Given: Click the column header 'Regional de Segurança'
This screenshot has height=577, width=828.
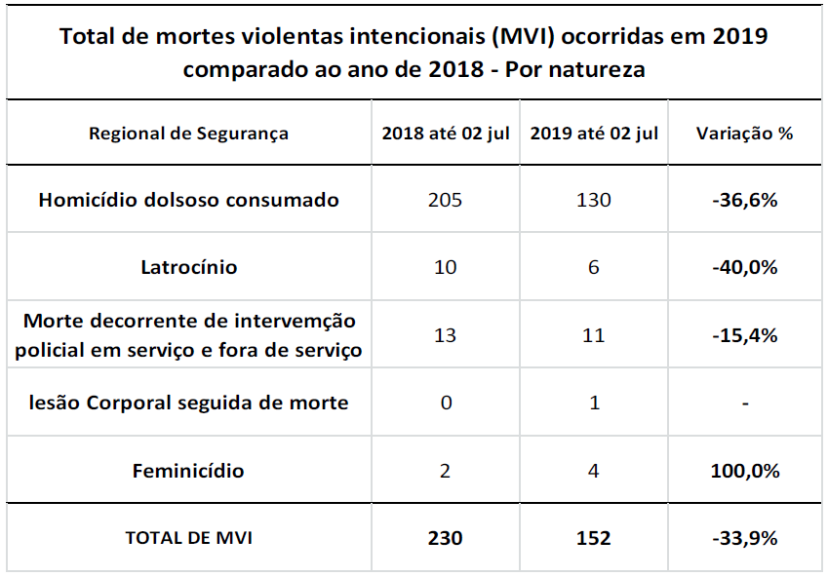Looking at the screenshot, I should point(188,134).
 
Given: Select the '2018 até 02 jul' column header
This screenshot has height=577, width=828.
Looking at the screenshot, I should point(446,134).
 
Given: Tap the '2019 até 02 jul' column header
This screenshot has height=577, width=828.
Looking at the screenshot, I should point(594,134).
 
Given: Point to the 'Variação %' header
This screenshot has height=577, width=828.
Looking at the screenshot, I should point(744,134).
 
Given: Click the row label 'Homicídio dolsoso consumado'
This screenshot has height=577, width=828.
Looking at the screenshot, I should point(188,200).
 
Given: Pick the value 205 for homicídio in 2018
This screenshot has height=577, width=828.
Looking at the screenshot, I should point(446,200).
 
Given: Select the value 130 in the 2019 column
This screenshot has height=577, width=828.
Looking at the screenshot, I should point(594,200).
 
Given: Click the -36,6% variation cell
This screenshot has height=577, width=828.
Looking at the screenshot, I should point(744,200).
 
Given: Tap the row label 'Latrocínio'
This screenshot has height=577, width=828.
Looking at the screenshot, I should point(188,267).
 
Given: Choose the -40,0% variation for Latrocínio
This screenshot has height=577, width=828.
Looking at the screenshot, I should point(744,267).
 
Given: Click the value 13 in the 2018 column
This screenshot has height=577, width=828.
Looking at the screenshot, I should point(446,335).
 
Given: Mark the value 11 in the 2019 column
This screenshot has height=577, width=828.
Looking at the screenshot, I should point(594,335).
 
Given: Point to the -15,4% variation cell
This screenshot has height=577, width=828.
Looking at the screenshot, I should point(744,335).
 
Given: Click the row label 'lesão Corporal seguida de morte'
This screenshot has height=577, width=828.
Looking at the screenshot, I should point(188,403).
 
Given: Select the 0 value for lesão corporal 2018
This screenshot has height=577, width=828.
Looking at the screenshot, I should point(446,403).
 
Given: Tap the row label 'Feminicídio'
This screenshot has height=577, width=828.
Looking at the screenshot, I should point(188,471).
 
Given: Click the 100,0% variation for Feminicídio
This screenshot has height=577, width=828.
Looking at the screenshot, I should point(744,471).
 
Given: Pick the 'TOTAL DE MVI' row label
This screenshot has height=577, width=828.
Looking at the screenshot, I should point(188,538).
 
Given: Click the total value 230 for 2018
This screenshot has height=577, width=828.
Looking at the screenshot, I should point(446,538).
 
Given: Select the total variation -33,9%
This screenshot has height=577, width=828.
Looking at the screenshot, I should point(744,538).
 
